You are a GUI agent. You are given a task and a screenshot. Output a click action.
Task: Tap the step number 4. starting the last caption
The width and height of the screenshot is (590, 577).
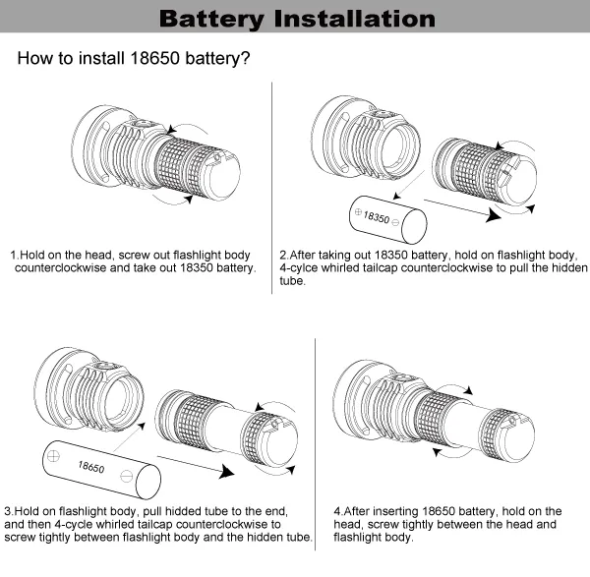pos(339,512)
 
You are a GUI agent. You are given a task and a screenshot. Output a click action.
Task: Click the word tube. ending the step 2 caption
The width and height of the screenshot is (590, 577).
pos(293,280)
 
